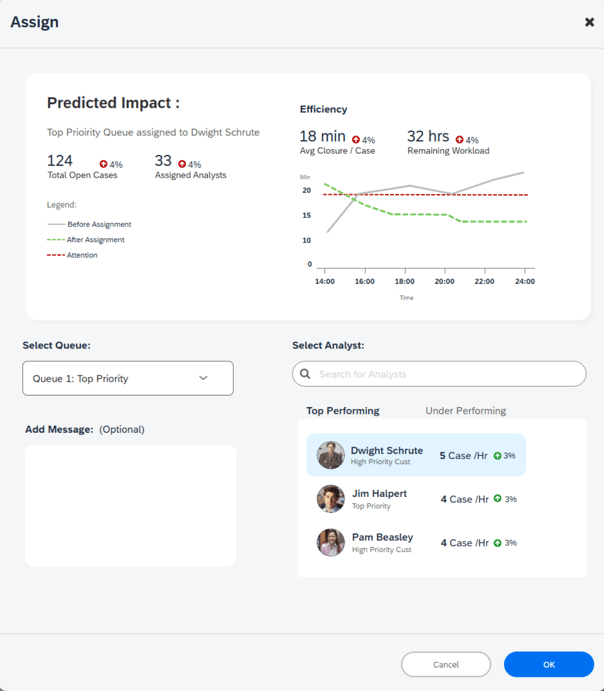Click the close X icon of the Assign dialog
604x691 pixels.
coord(589,22)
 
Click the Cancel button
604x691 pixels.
coord(446,664)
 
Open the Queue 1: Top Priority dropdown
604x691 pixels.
coord(128,378)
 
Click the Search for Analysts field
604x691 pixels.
coord(439,374)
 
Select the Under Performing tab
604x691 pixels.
coord(466,411)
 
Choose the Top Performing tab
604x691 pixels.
coord(342,411)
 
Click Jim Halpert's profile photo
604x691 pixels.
coord(330,499)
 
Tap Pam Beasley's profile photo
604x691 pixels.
coord(330,543)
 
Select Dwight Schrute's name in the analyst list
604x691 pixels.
coord(387,450)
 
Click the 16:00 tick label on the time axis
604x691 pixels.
coord(365,281)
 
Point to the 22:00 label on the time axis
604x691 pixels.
coord(484,281)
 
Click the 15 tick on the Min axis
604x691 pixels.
coord(306,215)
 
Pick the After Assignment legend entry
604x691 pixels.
coord(86,240)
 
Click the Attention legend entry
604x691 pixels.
coord(72,255)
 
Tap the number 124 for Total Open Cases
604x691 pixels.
coord(60,161)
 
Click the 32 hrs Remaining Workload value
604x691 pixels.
coord(428,136)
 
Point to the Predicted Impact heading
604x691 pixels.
coord(113,103)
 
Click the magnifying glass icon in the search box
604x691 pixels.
coord(305,374)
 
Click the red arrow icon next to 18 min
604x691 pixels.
coord(356,139)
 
